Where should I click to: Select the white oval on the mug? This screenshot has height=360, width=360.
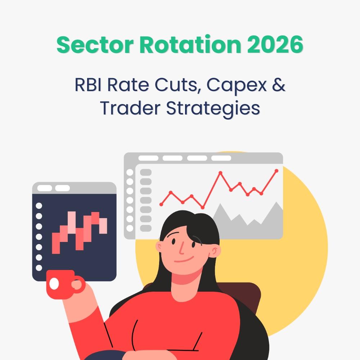pos(54,284)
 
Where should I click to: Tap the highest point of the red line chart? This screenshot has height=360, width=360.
pos(276,170)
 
